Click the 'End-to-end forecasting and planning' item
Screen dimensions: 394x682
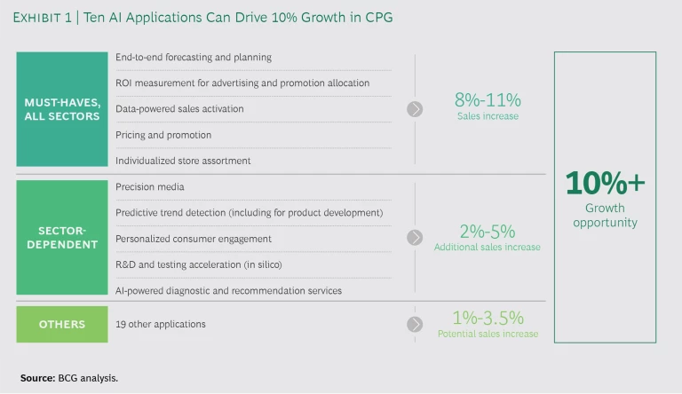tap(193, 58)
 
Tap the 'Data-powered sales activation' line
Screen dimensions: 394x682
tap(179, 109)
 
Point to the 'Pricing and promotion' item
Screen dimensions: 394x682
tap(163, 135)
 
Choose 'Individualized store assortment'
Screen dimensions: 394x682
tap(183, 161)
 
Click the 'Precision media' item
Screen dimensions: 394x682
tap(149, 187)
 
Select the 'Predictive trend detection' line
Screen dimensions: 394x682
tap(249, 213)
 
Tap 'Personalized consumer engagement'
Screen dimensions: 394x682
tap(193, 239)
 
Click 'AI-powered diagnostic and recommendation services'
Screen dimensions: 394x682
tap(228, 290)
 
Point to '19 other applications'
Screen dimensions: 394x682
tap(160, 324)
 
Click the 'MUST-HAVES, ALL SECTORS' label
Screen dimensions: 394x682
tap(61, 109)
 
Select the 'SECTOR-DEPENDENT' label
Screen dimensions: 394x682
tap(61, 239)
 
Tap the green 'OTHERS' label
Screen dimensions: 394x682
tap(61, 324)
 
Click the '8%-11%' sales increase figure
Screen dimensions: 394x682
tap(488, 100)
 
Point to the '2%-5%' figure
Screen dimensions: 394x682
tap(487, 231)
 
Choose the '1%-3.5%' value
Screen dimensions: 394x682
tap(488, 317)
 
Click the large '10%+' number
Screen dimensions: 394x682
tap(605, 183)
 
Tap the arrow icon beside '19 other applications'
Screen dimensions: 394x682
tap(415, 324)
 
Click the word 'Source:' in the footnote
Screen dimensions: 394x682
tap(36, 378)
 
